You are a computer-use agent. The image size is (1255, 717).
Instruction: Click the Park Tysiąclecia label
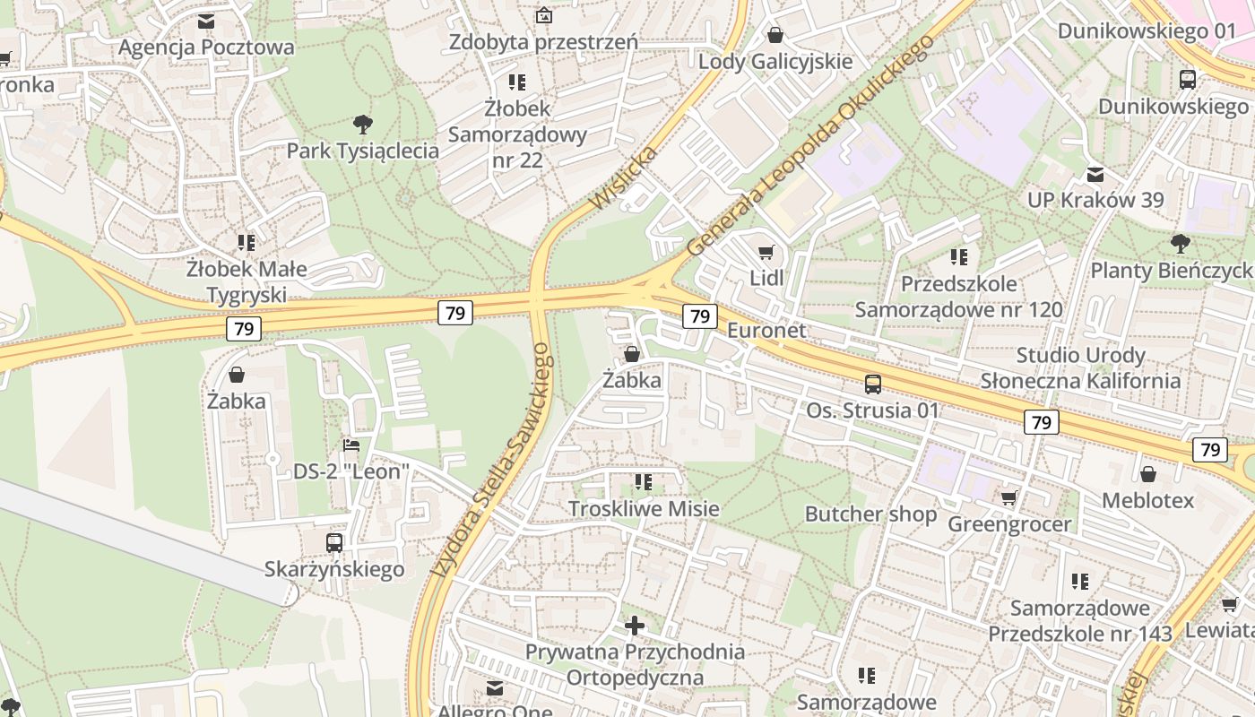pyautogui.click(x=362, y=151)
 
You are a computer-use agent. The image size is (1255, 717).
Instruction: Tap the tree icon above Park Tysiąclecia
pyautogui.click(x=362, y=124)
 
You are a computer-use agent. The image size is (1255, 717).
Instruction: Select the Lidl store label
pyautogui.click(x=766, y=278)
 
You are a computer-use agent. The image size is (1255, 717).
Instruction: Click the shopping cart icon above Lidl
pyautogui.click(x=766, y=253)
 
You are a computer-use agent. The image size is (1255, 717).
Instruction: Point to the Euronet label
pyautogui.click(x=766, y=330)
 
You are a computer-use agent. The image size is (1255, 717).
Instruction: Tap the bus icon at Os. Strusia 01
pyautogui.click(x=872, y=384)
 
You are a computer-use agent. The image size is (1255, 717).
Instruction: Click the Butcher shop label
pyautogui.click(x=870, y=514)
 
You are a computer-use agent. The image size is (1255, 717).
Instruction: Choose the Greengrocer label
pyautogui.click(x=1009, y=524)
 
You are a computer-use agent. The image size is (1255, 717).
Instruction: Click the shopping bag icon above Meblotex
pyautogui.click(x=1147, y=474)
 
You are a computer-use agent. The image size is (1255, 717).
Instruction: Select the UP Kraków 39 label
pyautogui.click(x=1095, y=200)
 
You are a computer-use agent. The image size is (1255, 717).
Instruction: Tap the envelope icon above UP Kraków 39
pyautogui.click(x=1095, y=174)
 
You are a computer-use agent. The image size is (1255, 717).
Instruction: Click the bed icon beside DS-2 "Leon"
pyautogui.click(x=351, y=445)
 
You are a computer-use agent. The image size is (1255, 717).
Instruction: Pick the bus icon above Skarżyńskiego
pyautogui.click(x=334, y=542)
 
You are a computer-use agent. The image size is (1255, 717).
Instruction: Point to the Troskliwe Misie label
pyautogui.click(x=644, y=509)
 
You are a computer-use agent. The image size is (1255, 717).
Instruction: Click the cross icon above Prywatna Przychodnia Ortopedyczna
pyautogui.click(x=635, y=625)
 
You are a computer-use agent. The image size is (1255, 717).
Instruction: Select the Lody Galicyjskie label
pyautogui.click(x=775, y=62)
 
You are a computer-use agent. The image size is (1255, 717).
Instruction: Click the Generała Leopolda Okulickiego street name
pyautogui.click(x=810, y=145)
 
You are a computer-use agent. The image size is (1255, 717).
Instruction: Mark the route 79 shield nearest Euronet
pyautogui.click(x=699, y=315)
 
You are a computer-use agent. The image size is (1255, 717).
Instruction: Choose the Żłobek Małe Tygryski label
pyautogui.click(x=247, y=281)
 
